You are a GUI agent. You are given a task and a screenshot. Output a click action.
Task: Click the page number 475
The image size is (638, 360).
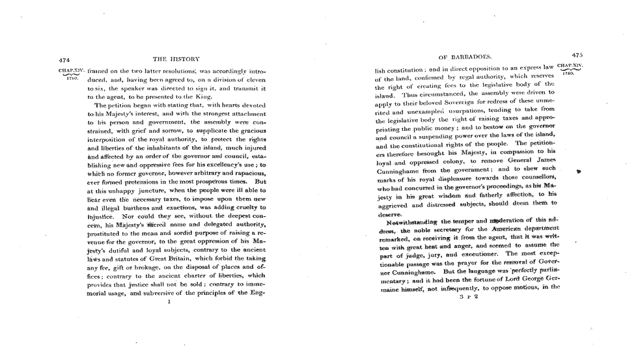(x=576, y=56)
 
